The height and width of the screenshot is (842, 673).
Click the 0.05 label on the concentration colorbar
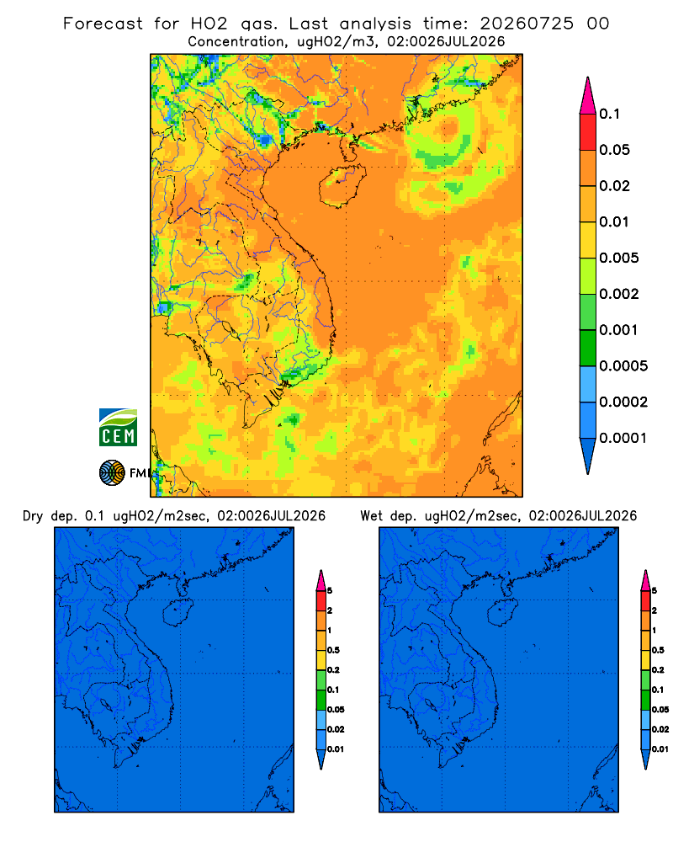click(614, 150)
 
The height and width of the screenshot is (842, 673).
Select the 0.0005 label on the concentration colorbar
click(623, 366)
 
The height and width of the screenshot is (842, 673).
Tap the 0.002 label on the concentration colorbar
click(619, 294)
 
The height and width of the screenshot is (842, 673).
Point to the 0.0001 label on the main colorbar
click(623, 438)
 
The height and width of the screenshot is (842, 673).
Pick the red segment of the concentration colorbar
click(588, 132)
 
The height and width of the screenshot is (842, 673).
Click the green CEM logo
click(118, 428)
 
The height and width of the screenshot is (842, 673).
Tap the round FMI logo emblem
click(112, 473)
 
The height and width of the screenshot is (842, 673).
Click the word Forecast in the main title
click(103, 24)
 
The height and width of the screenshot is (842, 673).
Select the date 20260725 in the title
click(527, 24)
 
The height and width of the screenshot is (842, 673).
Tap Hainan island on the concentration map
click(342, 186)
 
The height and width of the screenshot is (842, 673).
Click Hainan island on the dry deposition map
click(178, 613)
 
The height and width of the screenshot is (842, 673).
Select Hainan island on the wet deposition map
click(503, 613)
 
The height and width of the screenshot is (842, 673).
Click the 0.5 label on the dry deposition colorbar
click(333, 650)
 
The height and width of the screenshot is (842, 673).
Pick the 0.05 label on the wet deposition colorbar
click(660, 710)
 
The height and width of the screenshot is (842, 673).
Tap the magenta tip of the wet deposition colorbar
click(645, 580)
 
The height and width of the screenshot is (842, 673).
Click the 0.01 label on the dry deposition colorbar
click(336, 749)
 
